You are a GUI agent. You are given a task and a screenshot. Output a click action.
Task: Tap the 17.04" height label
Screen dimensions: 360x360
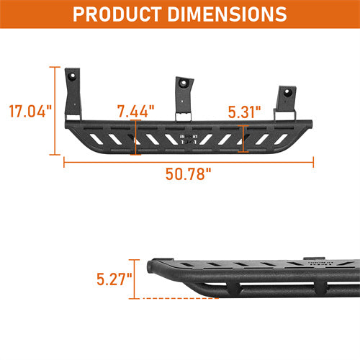click(x=30, y=112)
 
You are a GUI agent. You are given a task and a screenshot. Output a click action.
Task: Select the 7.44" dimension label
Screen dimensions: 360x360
click(x=135, y=111)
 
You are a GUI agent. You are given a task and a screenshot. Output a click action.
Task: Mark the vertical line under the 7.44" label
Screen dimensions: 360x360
click(x=135, y=137)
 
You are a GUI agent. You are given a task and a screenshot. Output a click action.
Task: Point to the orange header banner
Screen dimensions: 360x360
click(x=180, y=14)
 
